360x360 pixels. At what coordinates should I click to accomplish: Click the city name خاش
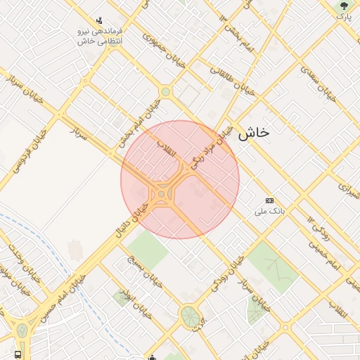253,132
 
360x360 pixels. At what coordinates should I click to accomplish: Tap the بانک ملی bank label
271,211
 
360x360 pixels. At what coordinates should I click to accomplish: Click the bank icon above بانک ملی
269,200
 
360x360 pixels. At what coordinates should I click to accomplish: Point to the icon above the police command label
98,20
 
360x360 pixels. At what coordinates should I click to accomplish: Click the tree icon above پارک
343,6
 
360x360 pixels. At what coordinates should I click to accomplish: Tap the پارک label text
343,16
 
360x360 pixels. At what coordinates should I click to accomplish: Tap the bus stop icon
18,354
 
